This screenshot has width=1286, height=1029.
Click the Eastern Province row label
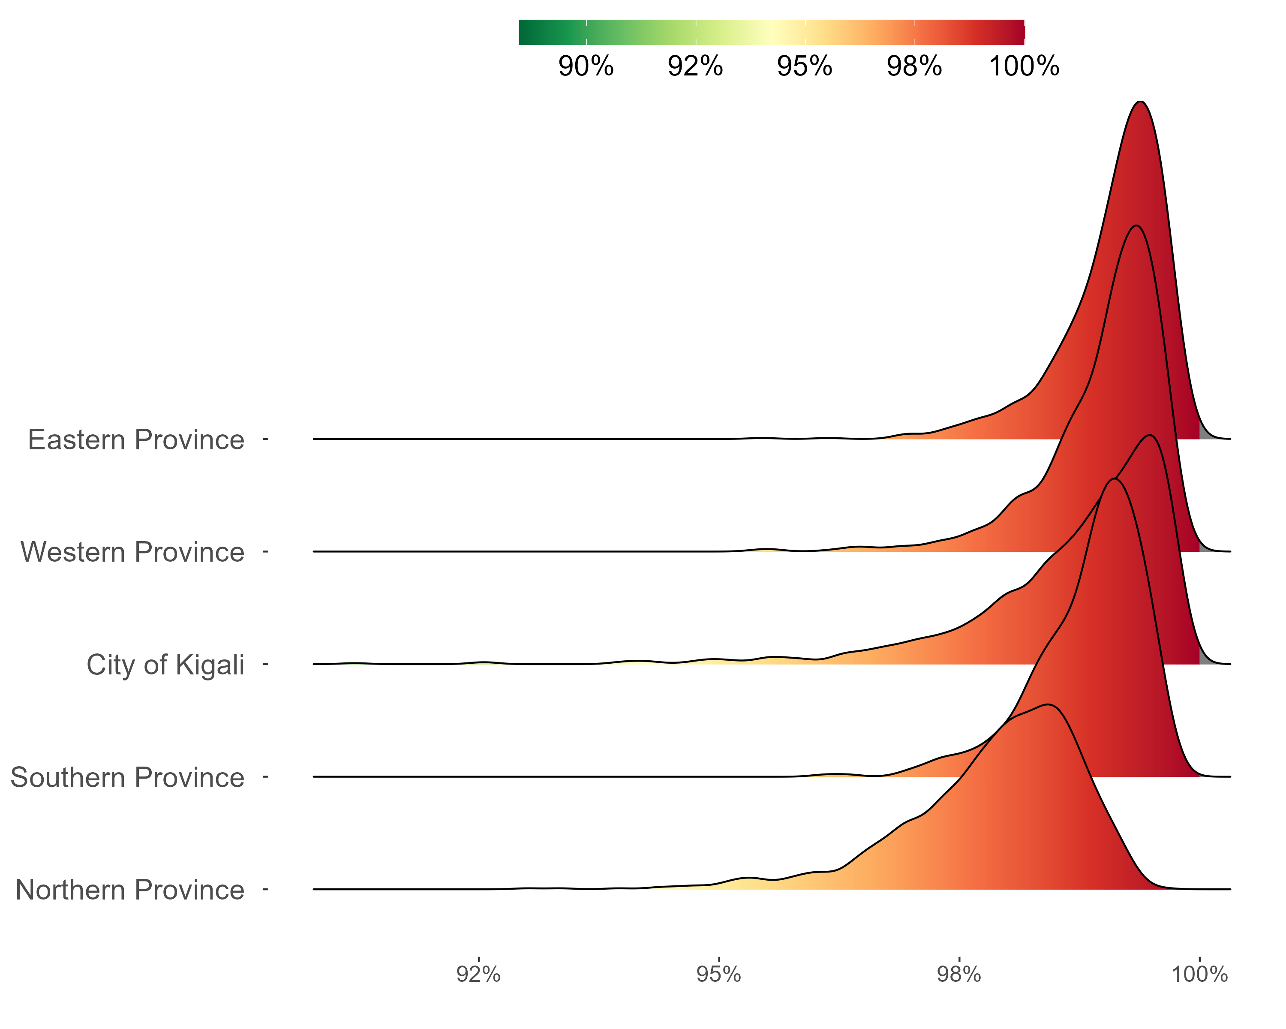click(136, 440)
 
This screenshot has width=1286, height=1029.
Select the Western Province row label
click(132, 552)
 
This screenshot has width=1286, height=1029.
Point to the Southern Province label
click(127, 778)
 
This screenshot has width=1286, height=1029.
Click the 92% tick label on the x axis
click(478, 974)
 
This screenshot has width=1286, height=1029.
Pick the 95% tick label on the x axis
click(719, 974)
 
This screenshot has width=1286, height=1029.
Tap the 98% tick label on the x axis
click(959, 974)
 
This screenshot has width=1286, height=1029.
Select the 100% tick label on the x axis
click(1199, 974)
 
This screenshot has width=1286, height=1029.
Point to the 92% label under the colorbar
click(695, 66)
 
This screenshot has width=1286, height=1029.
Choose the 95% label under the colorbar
click(804, 66)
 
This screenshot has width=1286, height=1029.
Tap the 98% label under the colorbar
click(914, 66)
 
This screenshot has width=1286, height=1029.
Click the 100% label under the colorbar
click(1024, 66)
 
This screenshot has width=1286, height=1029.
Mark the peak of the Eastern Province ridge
click(1140, 102)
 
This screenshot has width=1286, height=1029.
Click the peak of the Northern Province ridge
click(1048, 705)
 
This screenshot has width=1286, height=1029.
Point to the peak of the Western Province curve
click(1136, 226)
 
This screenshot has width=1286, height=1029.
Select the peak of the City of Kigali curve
click(1150, 436)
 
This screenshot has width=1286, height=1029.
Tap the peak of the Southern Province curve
click(1114, 479)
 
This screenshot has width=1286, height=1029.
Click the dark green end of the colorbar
click(524, 32)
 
